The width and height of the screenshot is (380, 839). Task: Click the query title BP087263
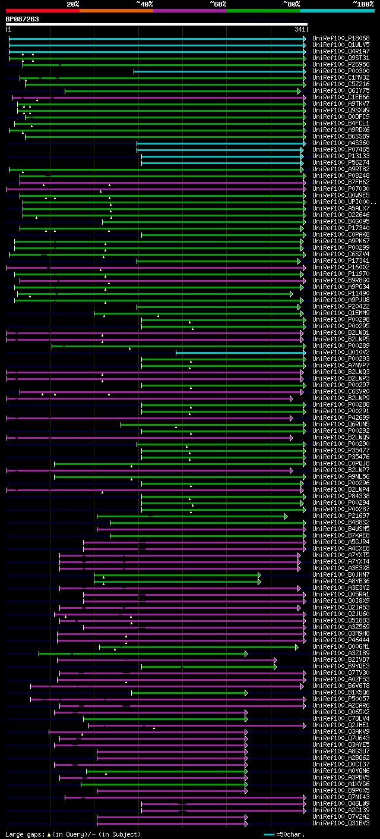(x=23, y=19)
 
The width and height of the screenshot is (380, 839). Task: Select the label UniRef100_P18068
(x=341, y=38)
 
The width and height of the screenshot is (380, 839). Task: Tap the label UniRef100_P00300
(x=341, y=71)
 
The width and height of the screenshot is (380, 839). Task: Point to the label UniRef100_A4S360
(x=341, y=143)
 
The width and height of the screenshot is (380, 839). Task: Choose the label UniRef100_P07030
(x=341, y=188)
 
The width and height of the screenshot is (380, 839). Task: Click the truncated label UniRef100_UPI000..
(x=343, y=202)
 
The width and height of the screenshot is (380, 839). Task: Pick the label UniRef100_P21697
(x=341, y=516)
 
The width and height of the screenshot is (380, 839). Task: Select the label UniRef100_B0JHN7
(x=341, y=574)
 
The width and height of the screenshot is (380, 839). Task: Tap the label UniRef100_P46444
(x=341, y=640)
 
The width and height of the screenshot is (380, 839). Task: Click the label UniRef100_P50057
(x=341, y=699)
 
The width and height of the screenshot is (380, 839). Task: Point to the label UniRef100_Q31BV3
(x=341, y=823)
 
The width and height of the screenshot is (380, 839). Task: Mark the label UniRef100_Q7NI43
(x=341, y=797)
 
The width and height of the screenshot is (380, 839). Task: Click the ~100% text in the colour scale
(x=363, y=4)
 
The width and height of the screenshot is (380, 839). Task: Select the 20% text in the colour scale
(x=73, y=4)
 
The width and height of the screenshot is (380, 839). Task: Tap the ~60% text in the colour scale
(x=218, y=4)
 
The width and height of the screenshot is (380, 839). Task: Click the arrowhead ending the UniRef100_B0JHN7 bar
(x=259, y=574)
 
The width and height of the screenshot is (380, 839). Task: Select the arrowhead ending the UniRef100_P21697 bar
(x=286, y=516)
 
